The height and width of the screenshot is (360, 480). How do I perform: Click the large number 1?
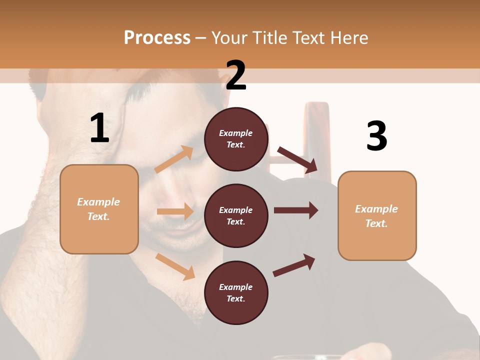pos(99,128)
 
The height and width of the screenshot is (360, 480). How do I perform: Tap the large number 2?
pos(236,75)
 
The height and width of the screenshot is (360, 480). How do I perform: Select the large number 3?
pos(376,136)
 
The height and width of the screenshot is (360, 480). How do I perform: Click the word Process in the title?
pos(157,37)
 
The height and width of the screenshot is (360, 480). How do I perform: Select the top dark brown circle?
pos(236,139)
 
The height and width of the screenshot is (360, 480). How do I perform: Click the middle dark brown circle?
pos(236,215)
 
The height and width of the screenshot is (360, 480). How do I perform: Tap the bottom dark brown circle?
pos(236,292)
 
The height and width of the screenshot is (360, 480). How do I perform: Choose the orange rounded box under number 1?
pos(99,209)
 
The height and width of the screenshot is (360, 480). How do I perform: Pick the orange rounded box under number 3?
pos(376,215)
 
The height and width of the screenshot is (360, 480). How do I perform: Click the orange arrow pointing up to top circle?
pos(174,159)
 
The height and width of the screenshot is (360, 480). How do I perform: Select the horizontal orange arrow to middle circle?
pos(175,211)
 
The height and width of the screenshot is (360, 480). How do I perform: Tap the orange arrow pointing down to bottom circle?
pos(175,266)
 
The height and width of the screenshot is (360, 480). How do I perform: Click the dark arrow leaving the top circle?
pos(298,160)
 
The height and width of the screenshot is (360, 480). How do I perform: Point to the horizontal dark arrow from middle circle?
pos(296,210)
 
